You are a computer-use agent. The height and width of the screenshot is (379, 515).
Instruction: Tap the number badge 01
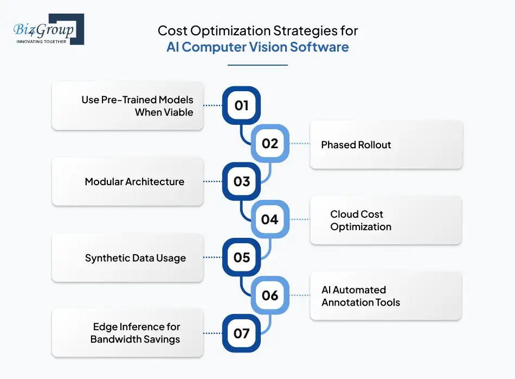[x=241, y=105]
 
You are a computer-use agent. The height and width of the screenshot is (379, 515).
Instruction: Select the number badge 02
[x=269, y=143]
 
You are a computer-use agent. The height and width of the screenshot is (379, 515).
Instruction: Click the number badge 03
[x=241, y=181]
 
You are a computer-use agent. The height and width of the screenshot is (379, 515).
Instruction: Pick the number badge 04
[x=269, y=219]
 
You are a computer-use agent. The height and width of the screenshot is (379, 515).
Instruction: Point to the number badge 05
[x=241, y=257]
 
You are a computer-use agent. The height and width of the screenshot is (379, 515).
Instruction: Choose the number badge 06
[x=269, y=295]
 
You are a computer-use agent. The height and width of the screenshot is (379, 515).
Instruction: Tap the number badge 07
[x=241, y=333]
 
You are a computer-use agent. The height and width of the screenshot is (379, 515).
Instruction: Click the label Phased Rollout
[x=356, y=145]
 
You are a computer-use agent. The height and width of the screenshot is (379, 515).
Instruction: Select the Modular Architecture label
[x=134, y=182]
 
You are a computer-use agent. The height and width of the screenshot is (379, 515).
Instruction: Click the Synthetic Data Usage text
[x=135, y=258]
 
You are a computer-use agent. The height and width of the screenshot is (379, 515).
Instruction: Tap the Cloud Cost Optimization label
[x=360, y=220]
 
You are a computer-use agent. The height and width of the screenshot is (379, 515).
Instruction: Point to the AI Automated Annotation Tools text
[x=360, y=296]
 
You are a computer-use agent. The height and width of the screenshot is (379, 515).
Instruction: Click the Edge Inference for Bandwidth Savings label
[x=136, y=333]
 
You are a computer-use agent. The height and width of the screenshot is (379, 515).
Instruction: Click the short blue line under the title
[x=257, y=65]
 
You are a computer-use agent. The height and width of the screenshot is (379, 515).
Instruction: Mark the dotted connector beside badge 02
[x=299, y=144]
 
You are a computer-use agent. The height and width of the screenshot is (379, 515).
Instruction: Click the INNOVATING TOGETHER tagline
[x=41, y=41]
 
